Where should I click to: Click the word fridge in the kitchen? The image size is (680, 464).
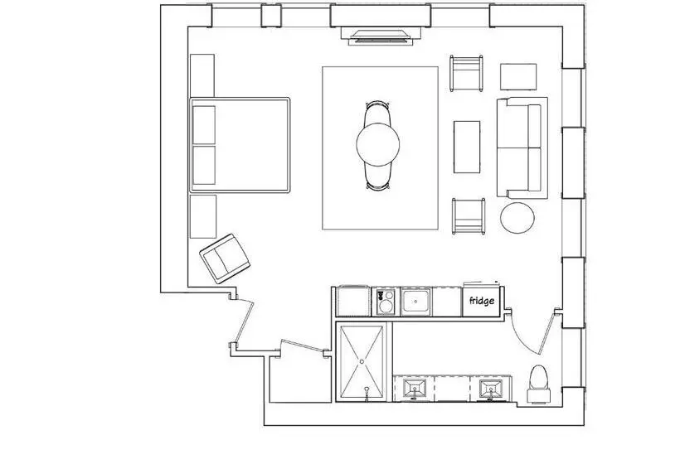(481, 300)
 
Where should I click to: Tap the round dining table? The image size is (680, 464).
(377, 144)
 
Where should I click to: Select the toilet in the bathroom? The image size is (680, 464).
(539, 384)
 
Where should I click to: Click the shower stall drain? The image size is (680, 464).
(362, 361)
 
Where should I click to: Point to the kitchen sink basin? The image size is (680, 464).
(416, 301)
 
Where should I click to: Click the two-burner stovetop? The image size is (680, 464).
(385, 302)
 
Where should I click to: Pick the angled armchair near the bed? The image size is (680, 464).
(225, 259)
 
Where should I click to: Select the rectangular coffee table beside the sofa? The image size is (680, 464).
(467, 147)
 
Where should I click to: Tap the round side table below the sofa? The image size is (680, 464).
(517, 218)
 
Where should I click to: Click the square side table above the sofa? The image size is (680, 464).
(518, 77)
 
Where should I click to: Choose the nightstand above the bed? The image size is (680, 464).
(202, 75)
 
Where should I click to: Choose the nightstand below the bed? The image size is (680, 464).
(203, 216)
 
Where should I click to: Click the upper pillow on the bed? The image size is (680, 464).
(204, 125)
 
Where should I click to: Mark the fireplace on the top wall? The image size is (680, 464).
(381, 36)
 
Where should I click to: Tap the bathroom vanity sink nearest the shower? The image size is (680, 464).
(415, 389)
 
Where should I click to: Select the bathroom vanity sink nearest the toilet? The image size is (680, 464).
(491, 389)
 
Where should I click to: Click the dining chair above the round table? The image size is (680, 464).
(377, 113)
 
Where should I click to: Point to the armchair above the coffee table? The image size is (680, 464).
(467, 73)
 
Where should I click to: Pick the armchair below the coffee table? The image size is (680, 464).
(469, 216)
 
